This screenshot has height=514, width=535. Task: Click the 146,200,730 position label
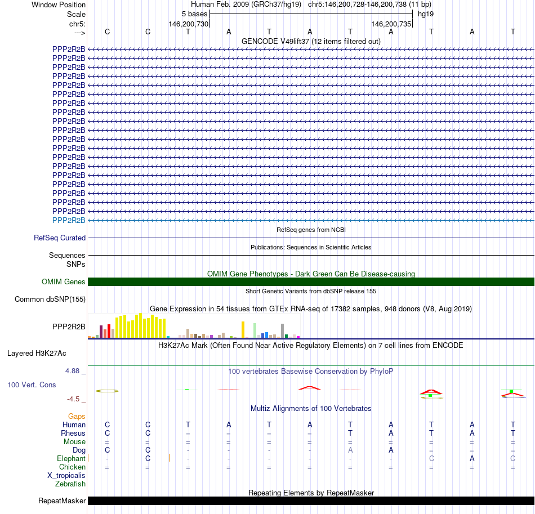click(189, 24)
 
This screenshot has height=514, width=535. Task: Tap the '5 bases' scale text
click(194, 14)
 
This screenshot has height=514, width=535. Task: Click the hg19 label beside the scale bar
click(425, 14)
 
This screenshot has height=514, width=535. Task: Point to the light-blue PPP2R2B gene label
click(69, 220)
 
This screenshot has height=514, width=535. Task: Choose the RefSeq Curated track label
click(60, 238)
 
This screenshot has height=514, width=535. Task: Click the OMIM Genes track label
click(64, 282)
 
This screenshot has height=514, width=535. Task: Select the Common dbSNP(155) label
click(50, 300)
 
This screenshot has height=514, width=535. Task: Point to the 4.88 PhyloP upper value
click(73, 371)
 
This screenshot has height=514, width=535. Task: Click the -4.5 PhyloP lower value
click(74, 399)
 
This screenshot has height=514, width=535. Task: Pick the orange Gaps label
click(77, 416)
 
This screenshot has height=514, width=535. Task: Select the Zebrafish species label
click(70, 484)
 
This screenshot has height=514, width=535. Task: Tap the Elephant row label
click(71, 459)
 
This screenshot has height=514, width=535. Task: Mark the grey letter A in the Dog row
click(350, 450)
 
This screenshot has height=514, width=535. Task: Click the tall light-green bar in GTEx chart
click(255, 330)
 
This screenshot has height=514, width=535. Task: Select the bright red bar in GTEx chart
click(109, 331)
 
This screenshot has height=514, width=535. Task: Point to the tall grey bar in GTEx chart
click(282, 330)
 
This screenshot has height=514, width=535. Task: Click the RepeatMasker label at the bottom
click(62, 501)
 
